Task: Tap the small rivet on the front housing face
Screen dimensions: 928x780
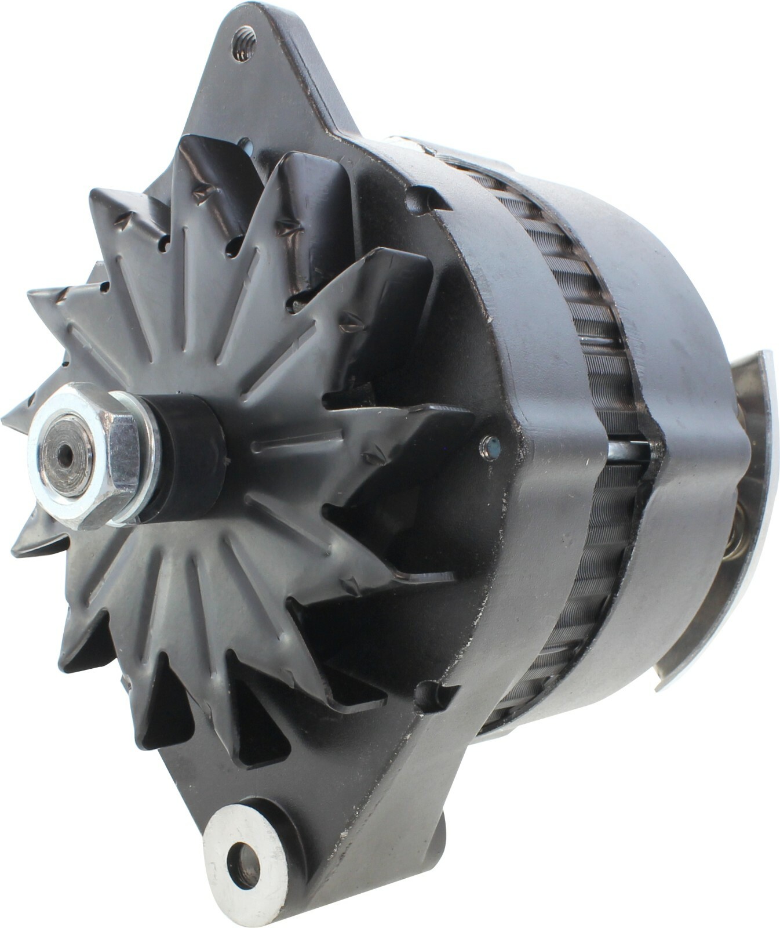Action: (x=490, y=447)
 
